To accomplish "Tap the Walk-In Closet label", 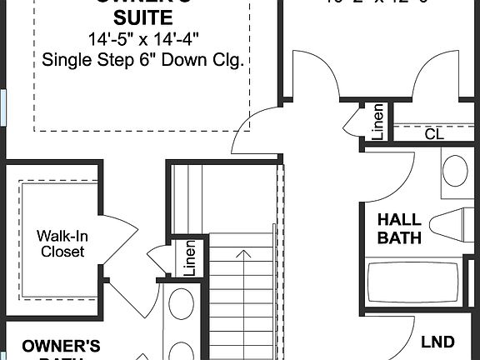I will tap(62, 243).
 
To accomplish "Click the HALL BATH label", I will tap(399, 229).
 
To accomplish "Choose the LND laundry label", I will tap(437, 342).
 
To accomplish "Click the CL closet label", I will tap(434, 133).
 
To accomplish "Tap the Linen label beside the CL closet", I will tap(377, 122).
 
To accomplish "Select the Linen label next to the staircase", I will tap(189, 257).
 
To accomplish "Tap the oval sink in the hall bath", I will tap(454, 171).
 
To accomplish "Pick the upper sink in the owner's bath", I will tap(181, 304).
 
